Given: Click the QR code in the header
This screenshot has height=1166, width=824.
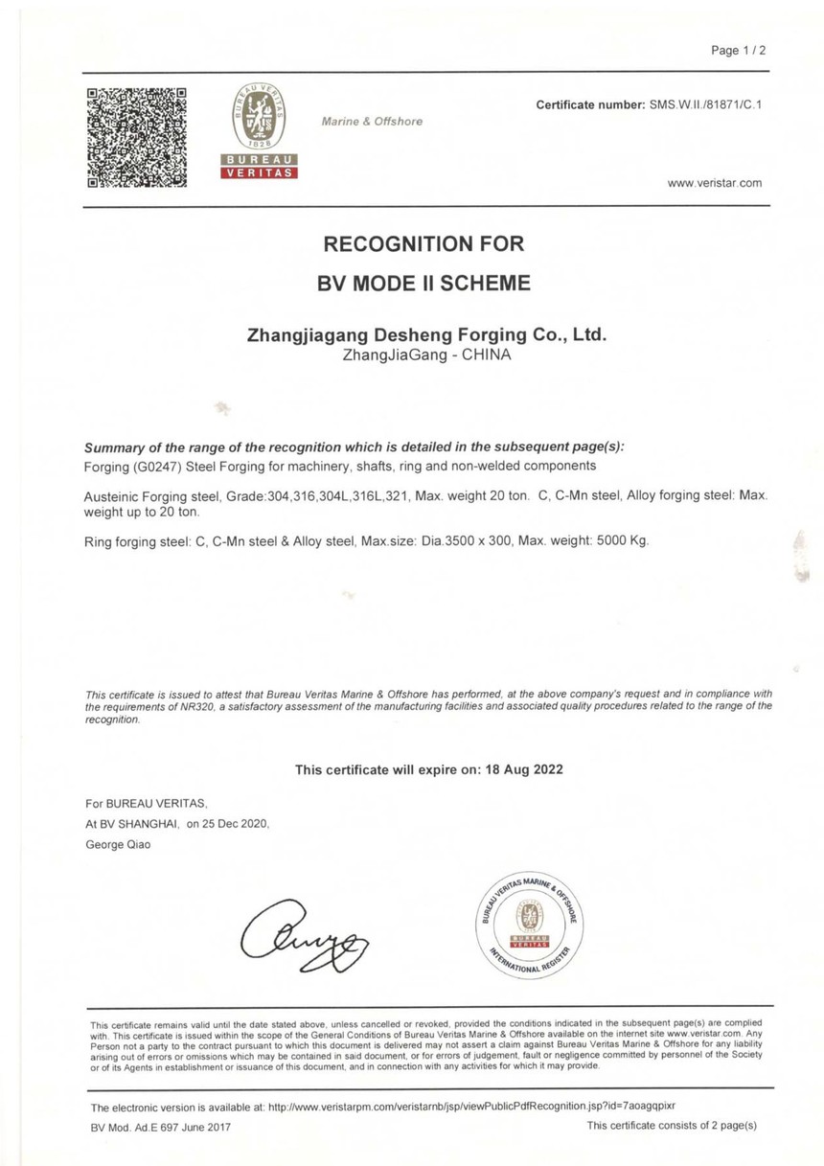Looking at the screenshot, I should tap(136, 136).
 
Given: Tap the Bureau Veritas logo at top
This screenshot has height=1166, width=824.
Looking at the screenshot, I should tap(260, 132).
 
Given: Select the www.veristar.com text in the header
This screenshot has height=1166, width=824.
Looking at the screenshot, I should tap(715, 182).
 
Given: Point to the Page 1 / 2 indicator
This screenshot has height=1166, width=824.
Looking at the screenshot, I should tap(739, 51).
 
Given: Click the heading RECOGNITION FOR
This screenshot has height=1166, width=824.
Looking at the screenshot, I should tap(424, 243).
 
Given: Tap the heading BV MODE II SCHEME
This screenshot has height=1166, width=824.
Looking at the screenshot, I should tap(424, 284).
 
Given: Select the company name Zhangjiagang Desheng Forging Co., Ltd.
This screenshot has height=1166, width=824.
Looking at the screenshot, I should tap(427, 336).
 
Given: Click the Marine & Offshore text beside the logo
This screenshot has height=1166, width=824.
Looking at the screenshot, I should tap(372, 122).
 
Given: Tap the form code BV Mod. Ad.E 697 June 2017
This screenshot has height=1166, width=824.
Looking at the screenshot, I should tap(160, 1126).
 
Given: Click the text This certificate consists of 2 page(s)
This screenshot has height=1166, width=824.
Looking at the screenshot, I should tap(672, 1126).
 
